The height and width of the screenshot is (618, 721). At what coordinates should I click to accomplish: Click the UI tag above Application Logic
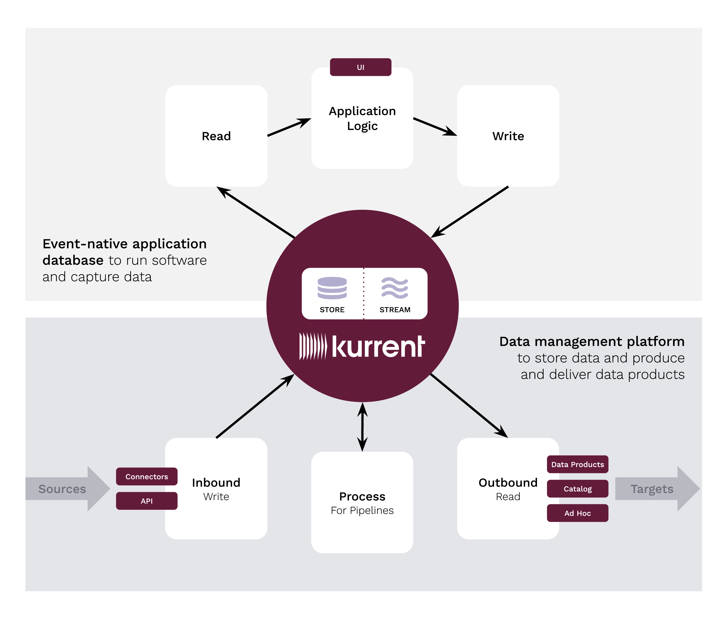click(x=360, y=67)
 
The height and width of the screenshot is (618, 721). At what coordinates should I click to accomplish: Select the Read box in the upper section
click(x=216, y=136)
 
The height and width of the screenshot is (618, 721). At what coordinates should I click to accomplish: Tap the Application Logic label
click(x=362, y=118)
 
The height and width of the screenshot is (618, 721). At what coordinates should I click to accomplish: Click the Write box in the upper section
click(x=508, y=136)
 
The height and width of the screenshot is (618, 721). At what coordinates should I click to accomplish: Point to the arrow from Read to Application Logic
click(x=289, y=127)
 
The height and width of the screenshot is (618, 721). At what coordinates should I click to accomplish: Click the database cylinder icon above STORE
click(x=332, y=288)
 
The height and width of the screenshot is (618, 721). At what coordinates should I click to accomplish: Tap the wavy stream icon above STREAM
click(x=395, y=288)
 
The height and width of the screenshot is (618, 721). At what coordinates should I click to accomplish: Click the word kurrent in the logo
click(x=378, y=347)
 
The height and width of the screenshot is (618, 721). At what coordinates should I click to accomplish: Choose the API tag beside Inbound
click(x=146, y=501)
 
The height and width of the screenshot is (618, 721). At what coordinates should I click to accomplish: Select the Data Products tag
click(x=578, y=464)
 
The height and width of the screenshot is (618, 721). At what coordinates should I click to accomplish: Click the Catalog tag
click(x=578, y=489)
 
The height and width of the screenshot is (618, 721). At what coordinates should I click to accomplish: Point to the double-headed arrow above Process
click(x=362, y=427)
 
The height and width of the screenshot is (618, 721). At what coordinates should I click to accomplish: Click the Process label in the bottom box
click(x=362, y=497)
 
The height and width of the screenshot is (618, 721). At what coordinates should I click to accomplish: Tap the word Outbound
click(x=508, y=483)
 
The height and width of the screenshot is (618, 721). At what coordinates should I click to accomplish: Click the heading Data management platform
click(x=592, y=342)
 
